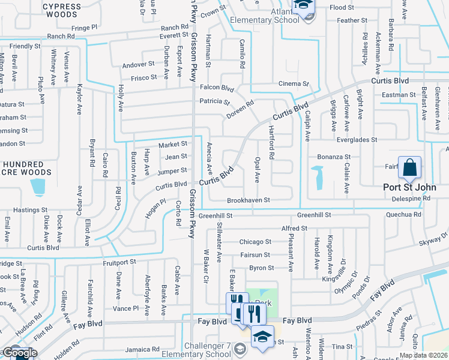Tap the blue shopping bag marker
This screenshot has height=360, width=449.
coord(409,169)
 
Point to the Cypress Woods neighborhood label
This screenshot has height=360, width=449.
coord(62,11)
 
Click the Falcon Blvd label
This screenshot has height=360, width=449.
coord(216,88)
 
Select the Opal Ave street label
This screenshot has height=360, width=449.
coord(257,170)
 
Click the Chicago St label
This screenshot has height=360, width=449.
coord(255,242)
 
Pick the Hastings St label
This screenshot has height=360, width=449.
coord(31,210)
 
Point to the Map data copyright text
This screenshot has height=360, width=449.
coord(424,355)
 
